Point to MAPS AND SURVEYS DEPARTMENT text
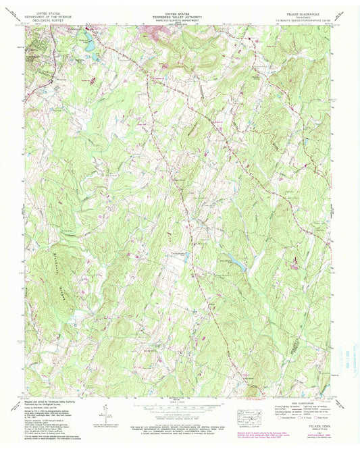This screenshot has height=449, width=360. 180,18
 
